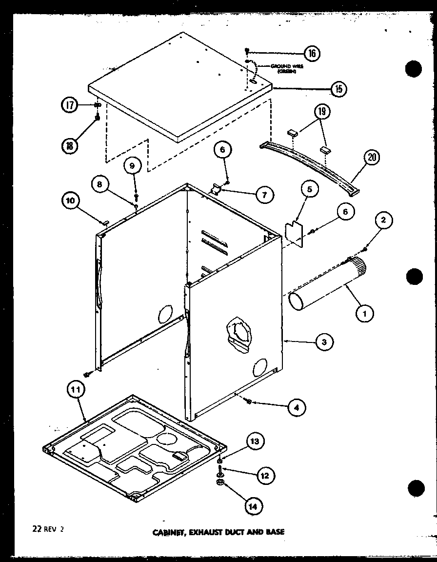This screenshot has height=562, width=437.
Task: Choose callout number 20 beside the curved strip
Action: coord(372,158)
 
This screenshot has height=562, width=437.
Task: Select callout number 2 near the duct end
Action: coord(384,221)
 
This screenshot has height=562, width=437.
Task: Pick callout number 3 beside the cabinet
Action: coord(323,342)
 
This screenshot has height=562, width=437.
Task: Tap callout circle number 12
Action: coord(264,475)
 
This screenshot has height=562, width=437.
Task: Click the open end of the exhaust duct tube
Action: coord(299,301)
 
